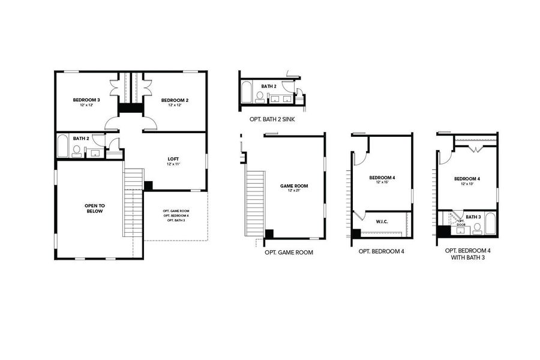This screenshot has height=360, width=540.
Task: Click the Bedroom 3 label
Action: coord(86,100)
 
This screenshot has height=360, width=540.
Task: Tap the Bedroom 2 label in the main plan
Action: coord(175,100)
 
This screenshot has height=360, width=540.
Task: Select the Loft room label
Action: coord(174,159)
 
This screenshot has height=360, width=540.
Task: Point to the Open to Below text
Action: coord(94,208)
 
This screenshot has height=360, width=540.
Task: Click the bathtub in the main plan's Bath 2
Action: coord(62,148)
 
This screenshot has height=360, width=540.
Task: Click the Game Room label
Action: coord(294,186)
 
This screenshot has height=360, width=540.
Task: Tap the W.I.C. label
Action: coord(382,221)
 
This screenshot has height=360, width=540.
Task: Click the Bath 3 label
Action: coord(473,217)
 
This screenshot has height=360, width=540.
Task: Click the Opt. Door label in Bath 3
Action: coord(461,223)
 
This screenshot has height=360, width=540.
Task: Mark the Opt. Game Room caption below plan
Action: coord(289,253)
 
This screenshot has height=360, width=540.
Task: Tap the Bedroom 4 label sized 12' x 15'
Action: coord(382,178)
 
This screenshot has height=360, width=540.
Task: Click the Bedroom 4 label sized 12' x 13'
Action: coord(467,179)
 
